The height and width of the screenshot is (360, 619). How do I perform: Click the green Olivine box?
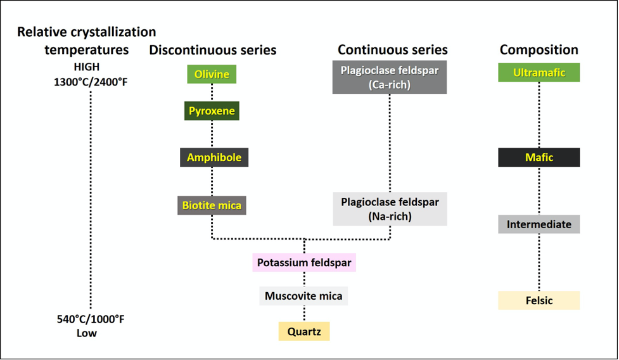tap(212, 74)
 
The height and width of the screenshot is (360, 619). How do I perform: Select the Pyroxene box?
tap(212, 111)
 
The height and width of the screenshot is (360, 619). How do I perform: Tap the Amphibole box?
tap(214, 157)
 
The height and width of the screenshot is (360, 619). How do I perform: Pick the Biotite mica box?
tap(212, 205)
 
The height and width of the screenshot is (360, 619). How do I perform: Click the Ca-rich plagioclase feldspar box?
tap(390, 77)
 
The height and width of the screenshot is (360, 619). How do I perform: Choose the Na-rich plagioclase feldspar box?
tap(390, 209)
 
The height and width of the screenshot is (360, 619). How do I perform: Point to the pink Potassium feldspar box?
tap(304, 262)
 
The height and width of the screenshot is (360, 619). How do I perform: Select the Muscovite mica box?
tap(303, 296)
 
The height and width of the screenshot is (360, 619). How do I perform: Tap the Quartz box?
tap(304, 331)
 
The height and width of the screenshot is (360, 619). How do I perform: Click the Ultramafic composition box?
tap(539, 72)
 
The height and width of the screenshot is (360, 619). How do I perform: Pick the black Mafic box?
tap(539, 157)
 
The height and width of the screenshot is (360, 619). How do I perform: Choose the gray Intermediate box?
tap(539, 224)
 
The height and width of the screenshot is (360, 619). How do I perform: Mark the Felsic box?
tap(539, 300)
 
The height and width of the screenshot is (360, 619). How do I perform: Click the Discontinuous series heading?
tap(213, 50)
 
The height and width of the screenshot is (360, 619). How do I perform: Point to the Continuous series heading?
tap(393, 50)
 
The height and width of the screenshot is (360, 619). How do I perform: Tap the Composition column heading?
tap(539, 50)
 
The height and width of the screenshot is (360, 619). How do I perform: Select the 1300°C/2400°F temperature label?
tap(91, 81)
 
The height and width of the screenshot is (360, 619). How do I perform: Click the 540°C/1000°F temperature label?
tap(91, 319)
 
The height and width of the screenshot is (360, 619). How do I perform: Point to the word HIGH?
tap(87, 67)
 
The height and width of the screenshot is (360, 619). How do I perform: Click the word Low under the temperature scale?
tap(87, 333)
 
